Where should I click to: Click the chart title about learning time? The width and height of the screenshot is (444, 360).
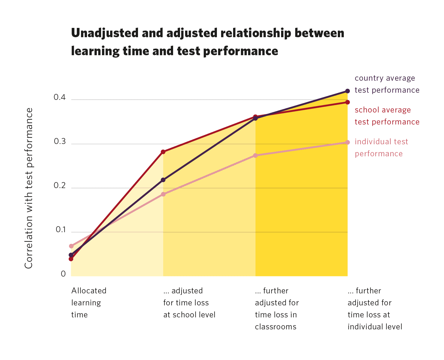coord(208,42)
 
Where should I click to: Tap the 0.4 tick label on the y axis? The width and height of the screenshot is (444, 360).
coord(59,97)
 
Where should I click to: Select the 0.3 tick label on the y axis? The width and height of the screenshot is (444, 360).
coord(59,141)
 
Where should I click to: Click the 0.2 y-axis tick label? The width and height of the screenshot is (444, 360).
coord(59,185)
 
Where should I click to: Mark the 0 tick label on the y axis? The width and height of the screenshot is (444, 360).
coord(63,274)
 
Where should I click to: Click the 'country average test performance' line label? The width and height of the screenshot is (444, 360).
coord(387,84)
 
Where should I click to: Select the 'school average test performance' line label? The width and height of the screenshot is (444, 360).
coord(387,116)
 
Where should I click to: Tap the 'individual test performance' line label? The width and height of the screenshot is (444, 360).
coord(381,148)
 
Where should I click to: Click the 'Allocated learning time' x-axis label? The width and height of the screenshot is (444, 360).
coord(89,302)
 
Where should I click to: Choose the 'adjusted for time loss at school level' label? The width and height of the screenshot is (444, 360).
coord(189,302)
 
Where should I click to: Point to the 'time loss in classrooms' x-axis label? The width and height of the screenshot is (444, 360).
coord(277,308)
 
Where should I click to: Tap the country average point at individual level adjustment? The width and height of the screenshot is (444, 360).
coord(347,91)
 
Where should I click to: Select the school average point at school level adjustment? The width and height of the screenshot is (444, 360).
coord(163,152)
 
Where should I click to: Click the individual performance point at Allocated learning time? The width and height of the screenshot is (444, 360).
coord(71,246)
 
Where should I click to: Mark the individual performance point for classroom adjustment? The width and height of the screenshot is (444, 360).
coord(255,155)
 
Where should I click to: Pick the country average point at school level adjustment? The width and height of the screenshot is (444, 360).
coord(163,180)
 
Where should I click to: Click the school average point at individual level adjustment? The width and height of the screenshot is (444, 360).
coord(347,102)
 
